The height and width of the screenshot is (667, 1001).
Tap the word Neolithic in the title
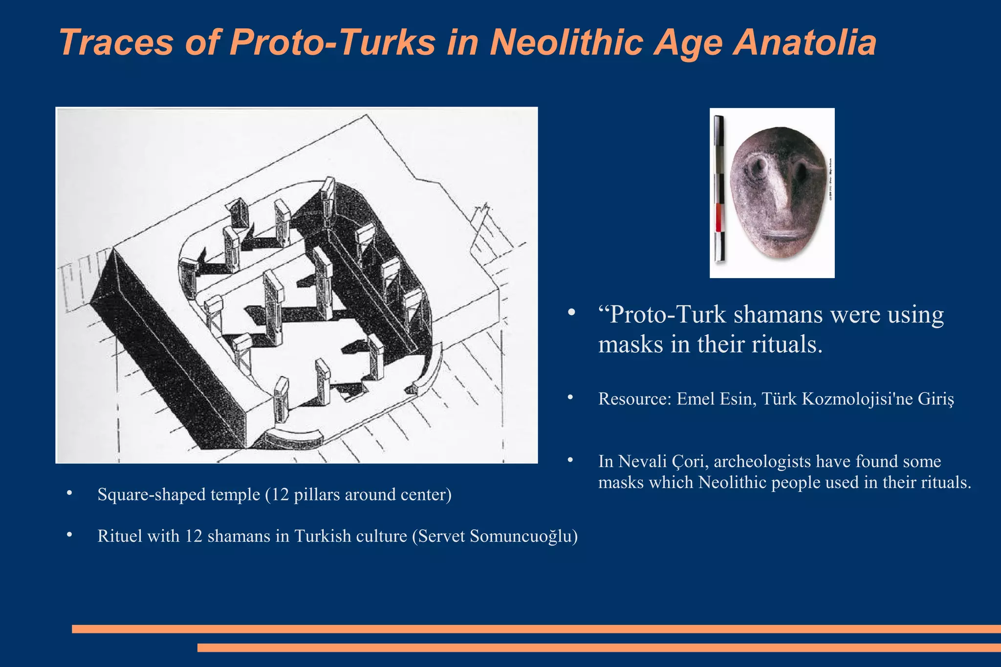click(566, 43)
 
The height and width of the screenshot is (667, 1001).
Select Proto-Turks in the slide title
click(332, 43)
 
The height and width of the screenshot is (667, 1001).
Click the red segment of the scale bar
click(718, 217)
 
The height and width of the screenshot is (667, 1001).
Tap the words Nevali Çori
click(663, 461)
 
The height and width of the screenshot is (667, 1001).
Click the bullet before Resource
click(570, 398)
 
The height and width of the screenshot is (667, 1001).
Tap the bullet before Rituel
click(69, 535)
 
